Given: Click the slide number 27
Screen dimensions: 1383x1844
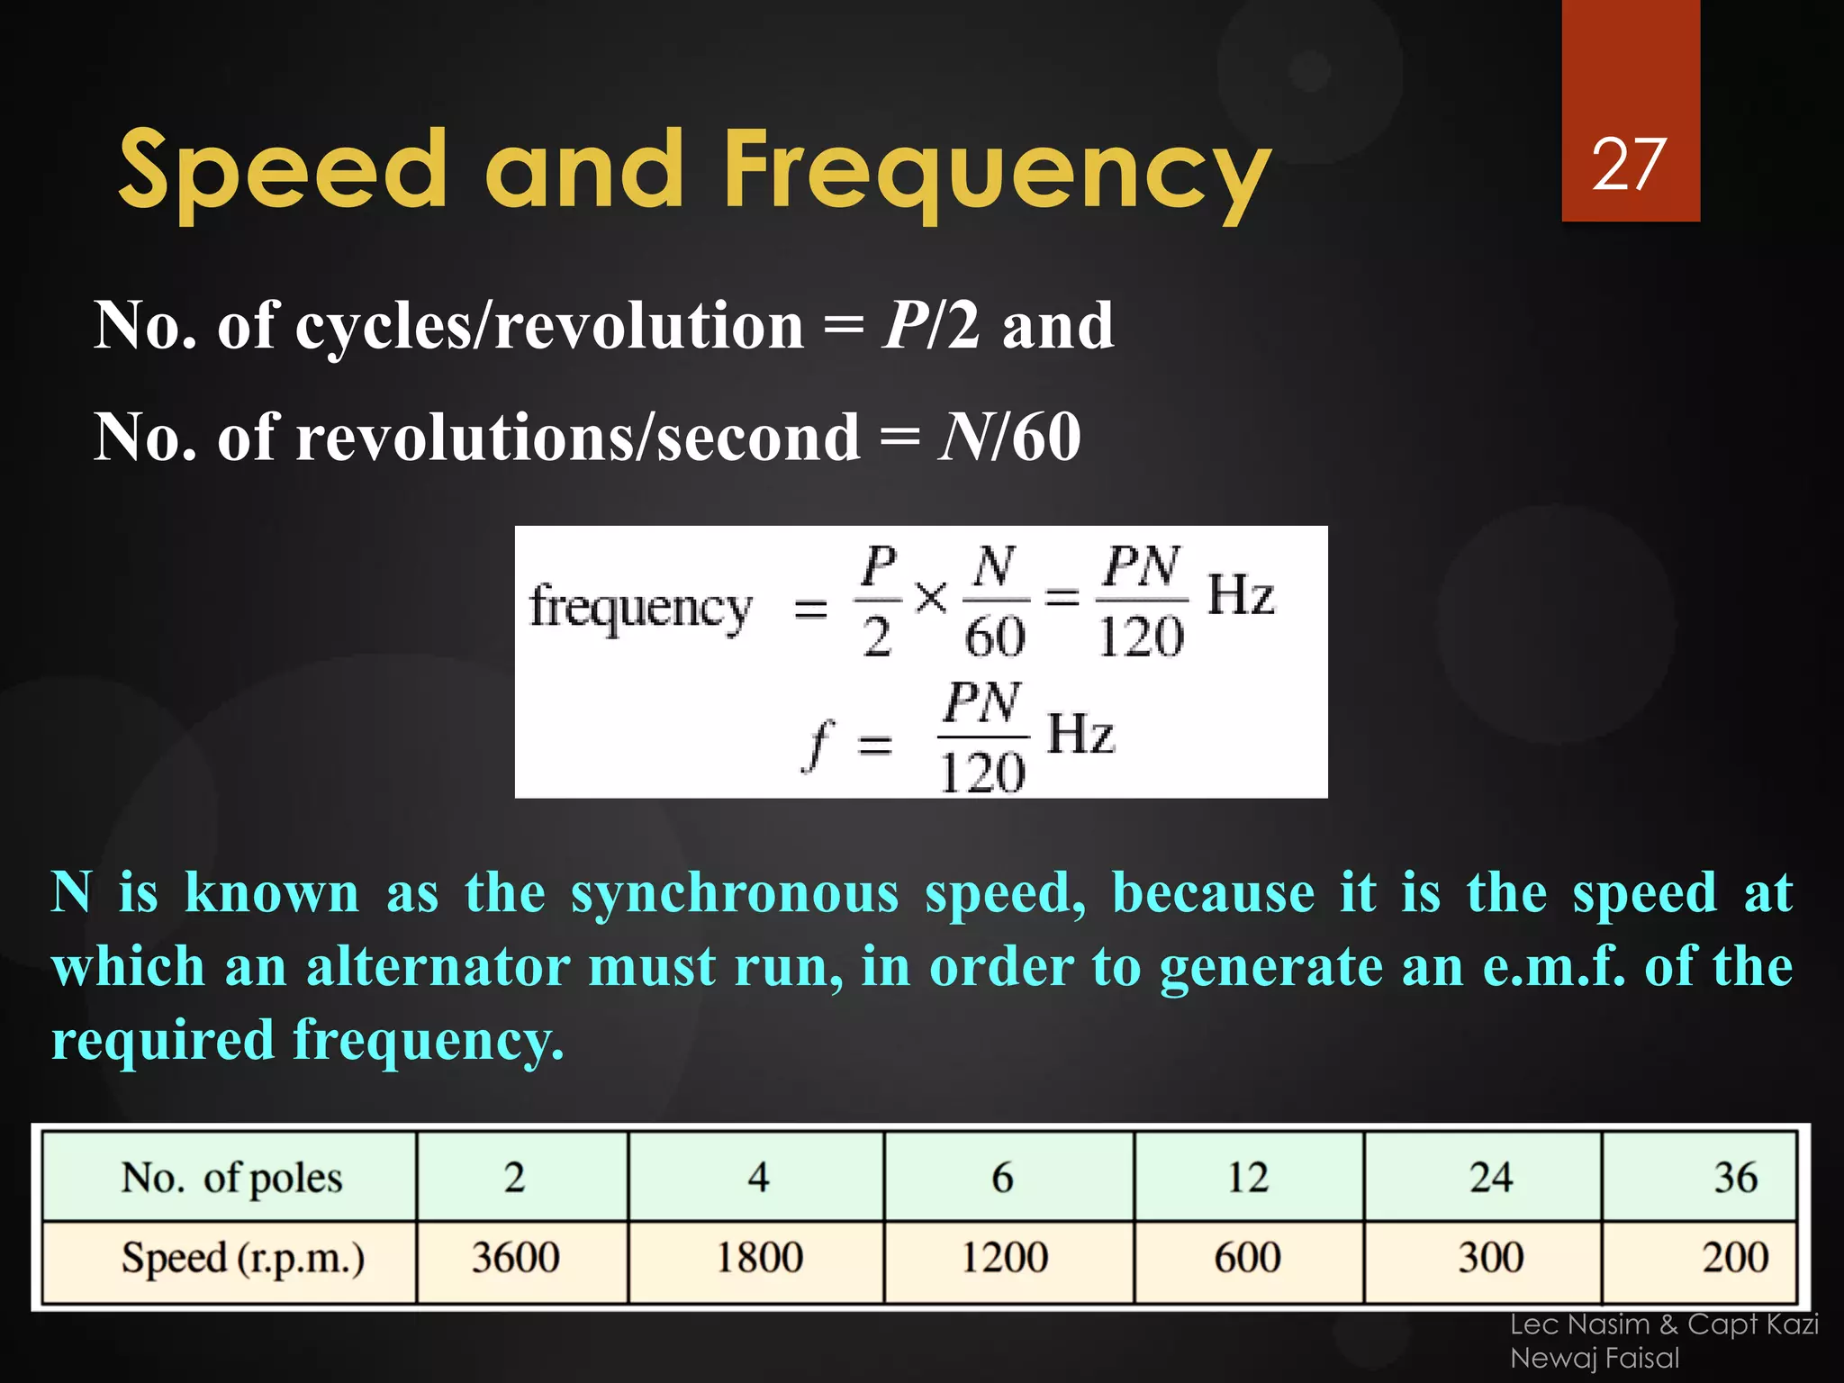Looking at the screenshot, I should pyautogui.click(x=1629, y=165).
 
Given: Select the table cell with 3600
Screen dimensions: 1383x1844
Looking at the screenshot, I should pyautogui.click(x=516, y=1258).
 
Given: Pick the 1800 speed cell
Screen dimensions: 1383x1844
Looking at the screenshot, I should pyautogui.click(x=759, y=1258).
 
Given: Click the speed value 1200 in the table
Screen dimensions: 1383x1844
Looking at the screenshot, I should pyautogui.click(x=1004, y=1258).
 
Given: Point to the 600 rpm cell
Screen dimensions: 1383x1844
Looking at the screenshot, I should pyautogui.click(x=1247, y=1258).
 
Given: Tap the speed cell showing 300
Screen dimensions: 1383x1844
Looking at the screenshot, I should pyautogui.click(x=1491, y=1258).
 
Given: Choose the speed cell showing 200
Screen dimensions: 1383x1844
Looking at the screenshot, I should pyautogui.click(x=1734, y=1258).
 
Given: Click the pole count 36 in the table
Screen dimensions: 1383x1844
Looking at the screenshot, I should pyautogui.click(x=1735, y=1178).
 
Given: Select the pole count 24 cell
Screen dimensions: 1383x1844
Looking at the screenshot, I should pyautogui.click(x=1491, y=1178).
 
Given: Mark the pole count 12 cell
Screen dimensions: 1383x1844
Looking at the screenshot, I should pyautogui.click(x=1247, y=1178).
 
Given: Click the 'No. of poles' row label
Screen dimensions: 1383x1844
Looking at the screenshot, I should pyautogui.click(x=231, y=1179).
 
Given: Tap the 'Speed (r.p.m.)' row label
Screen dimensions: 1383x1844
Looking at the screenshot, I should pyautogui.click(x=243, y=1259).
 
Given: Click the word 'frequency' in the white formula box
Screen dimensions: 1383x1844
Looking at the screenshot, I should pyautogui.click(x=640, y=609).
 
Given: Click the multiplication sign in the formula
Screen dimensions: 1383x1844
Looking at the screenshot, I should pyautogui.click(x=931, y=597).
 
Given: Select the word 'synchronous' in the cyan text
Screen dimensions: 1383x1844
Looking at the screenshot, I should pyautogui.click(x=735, y=893).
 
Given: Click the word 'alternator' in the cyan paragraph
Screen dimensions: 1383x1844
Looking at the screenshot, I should pyautogui.click(x=438, y=967).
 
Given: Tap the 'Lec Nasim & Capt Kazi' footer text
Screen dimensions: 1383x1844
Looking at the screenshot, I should pyautogui.click(x=1664, y=1324).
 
